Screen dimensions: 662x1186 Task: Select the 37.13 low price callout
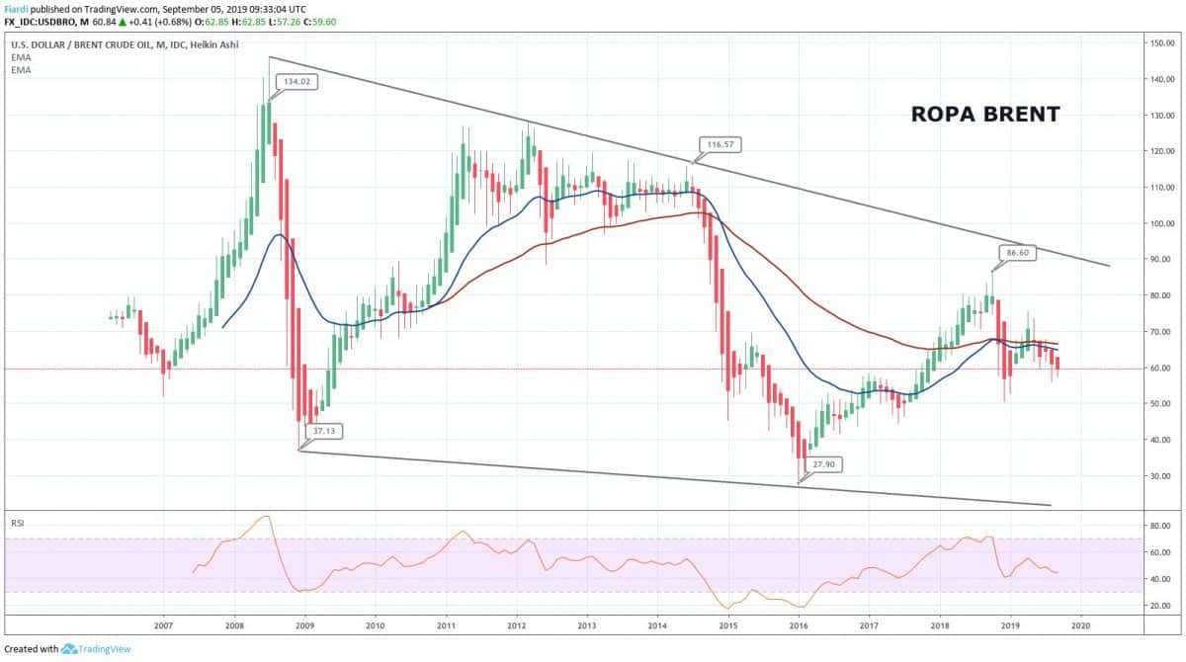click(325, 432)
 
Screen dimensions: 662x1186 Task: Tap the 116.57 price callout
click(719, 144)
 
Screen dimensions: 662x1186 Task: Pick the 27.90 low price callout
click(823, 462)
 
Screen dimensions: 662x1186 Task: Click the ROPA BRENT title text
click(984, 115)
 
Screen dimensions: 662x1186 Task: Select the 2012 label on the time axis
click(516, 625)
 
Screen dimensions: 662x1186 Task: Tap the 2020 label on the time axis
click(1080, 625)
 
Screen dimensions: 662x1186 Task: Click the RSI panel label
click(18, 521)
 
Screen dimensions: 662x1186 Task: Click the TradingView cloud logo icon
click(69, 649)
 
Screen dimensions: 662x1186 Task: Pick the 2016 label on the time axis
click(799, 625)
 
